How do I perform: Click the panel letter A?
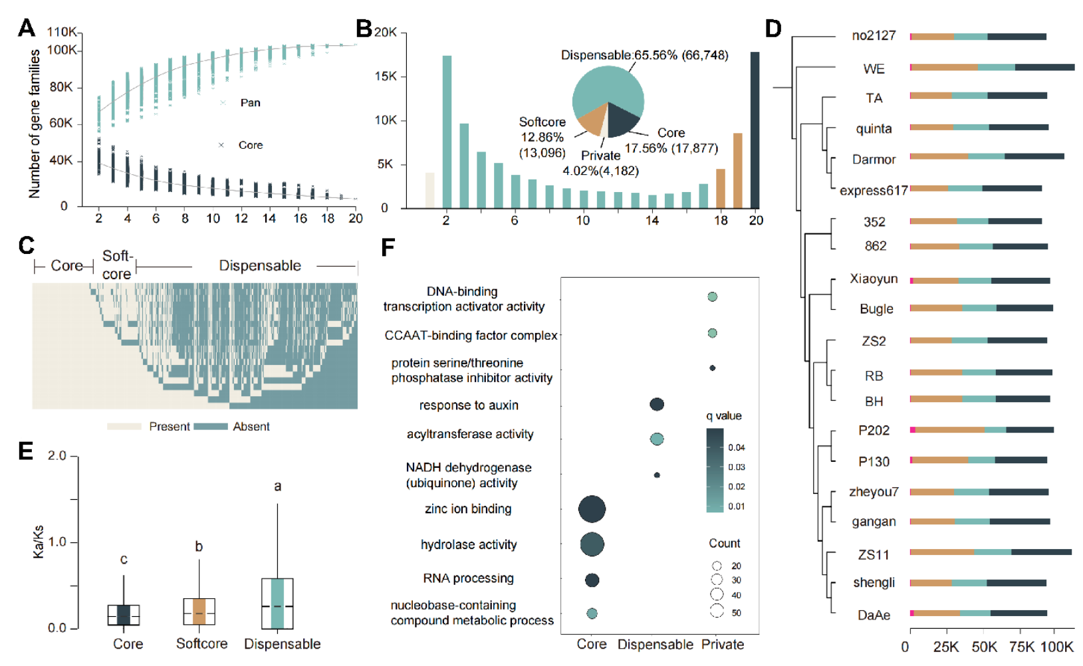27,28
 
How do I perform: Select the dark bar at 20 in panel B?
755,130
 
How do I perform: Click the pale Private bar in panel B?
429,190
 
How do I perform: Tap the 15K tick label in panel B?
385,76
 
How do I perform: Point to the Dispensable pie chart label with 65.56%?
644,55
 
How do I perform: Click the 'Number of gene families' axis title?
35,124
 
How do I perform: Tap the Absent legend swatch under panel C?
211,427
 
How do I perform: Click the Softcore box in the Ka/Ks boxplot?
199,611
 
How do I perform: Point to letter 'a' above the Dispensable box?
278,487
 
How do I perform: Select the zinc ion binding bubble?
592,510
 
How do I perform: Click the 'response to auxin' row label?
468,405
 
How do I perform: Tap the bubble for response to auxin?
656,404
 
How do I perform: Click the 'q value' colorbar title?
723,416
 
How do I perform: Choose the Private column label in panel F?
723,644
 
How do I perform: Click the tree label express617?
873,191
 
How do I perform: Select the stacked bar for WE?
992,67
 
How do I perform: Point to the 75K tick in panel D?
1021,647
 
